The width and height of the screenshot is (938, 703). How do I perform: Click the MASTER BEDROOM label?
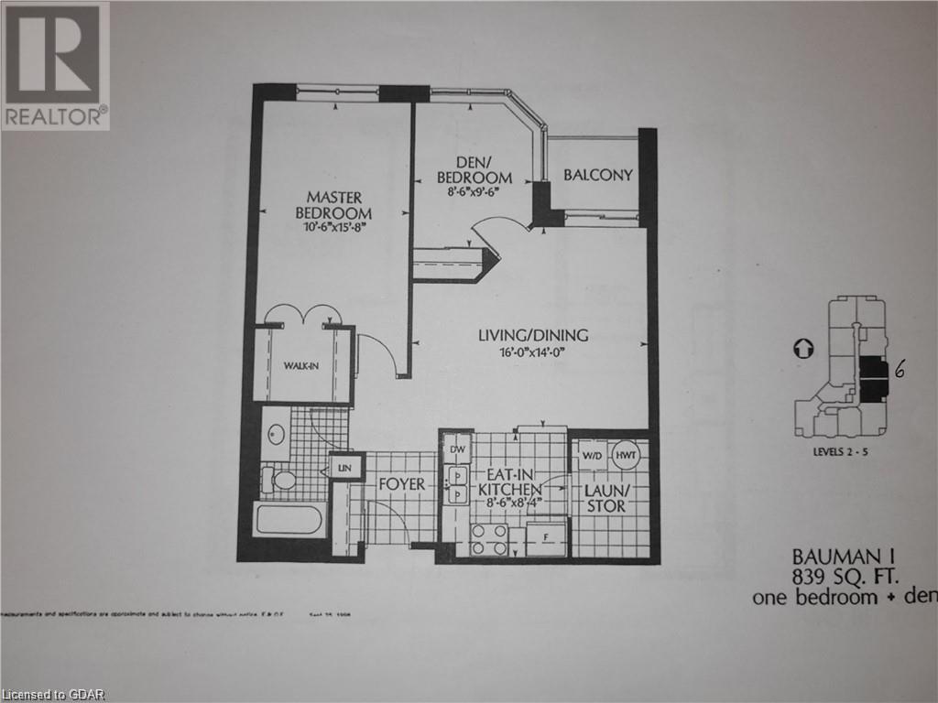(334, 204)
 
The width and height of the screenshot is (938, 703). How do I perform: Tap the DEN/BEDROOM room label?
(473, 170)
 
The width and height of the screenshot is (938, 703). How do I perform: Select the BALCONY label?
(597, 175)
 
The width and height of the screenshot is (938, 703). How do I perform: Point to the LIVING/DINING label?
(532, 336)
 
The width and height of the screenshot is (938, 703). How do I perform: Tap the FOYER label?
(401, 484)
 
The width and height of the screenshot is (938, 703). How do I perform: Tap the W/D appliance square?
(591, 456)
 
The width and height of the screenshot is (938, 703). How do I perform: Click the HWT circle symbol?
(626, 456)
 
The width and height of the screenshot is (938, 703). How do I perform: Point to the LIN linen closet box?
(345, 468)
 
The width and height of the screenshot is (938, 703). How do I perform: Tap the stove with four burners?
(489, 540)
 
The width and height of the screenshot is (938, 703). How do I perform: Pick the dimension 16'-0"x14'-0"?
(532, 352)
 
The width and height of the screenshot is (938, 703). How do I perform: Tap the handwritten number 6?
(900, 369)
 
